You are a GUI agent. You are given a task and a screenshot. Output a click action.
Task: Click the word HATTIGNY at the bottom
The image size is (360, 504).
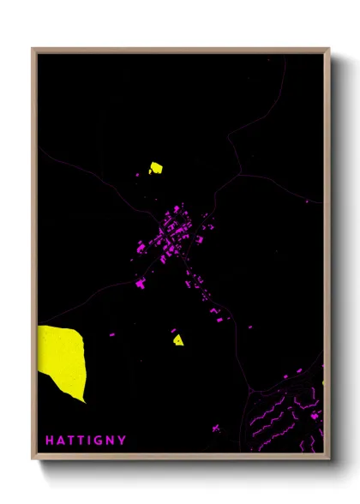[86, 441]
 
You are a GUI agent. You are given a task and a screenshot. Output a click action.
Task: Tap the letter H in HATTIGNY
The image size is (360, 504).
[50, 441]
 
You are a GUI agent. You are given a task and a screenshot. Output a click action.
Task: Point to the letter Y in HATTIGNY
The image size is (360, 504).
[123, 441]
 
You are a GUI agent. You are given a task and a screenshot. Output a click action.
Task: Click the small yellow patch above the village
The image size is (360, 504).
[156, 168]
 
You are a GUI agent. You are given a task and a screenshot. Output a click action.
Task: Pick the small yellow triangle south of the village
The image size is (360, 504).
[177, 339]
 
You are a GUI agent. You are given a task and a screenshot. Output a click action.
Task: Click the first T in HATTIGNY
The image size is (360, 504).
[71, 441]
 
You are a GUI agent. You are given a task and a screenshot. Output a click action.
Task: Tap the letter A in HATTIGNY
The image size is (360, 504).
[60, 441]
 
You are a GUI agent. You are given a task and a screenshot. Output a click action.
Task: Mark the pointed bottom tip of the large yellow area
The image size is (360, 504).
[84, 402]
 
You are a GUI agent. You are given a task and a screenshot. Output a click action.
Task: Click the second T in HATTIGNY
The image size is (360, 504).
[81, 441]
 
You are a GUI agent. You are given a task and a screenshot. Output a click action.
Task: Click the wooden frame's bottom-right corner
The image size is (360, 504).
[328, 459]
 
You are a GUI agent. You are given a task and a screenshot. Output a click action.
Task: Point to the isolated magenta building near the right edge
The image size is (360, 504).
[308, 201]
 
